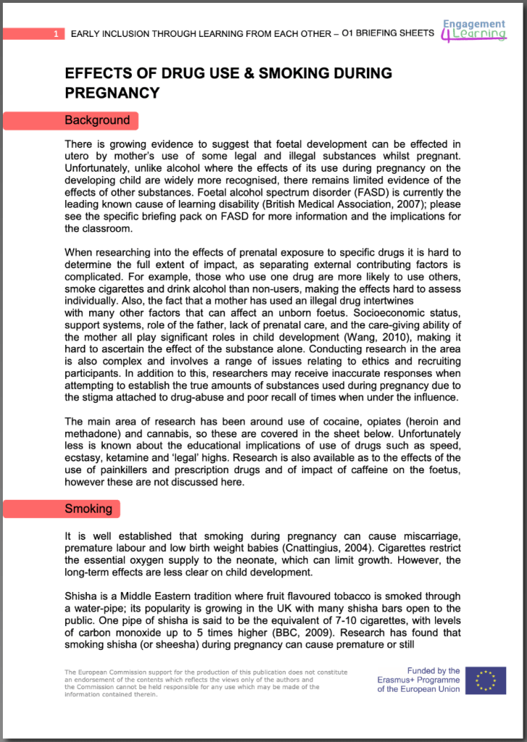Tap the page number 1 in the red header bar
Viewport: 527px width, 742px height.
click(x=56, y=34)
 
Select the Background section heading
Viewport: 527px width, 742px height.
click(x=97, y=120)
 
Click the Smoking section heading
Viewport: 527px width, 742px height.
click(x=88, y=509)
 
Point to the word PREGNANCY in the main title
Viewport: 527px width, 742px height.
click(x=112, y=93)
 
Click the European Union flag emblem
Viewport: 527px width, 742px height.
click(x=486, y=680)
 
